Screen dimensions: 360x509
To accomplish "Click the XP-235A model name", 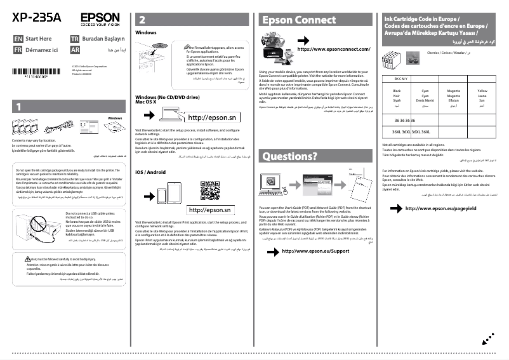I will (x=37, y=17).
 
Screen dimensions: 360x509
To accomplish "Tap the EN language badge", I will (x=18, y=39).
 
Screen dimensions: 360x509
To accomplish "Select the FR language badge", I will (x=18, y=49).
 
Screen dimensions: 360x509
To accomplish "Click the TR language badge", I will (x=74, y=39).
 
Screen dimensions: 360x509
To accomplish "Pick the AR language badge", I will (x=74, y=49).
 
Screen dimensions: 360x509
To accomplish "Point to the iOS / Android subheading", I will (x=151, y=172).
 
